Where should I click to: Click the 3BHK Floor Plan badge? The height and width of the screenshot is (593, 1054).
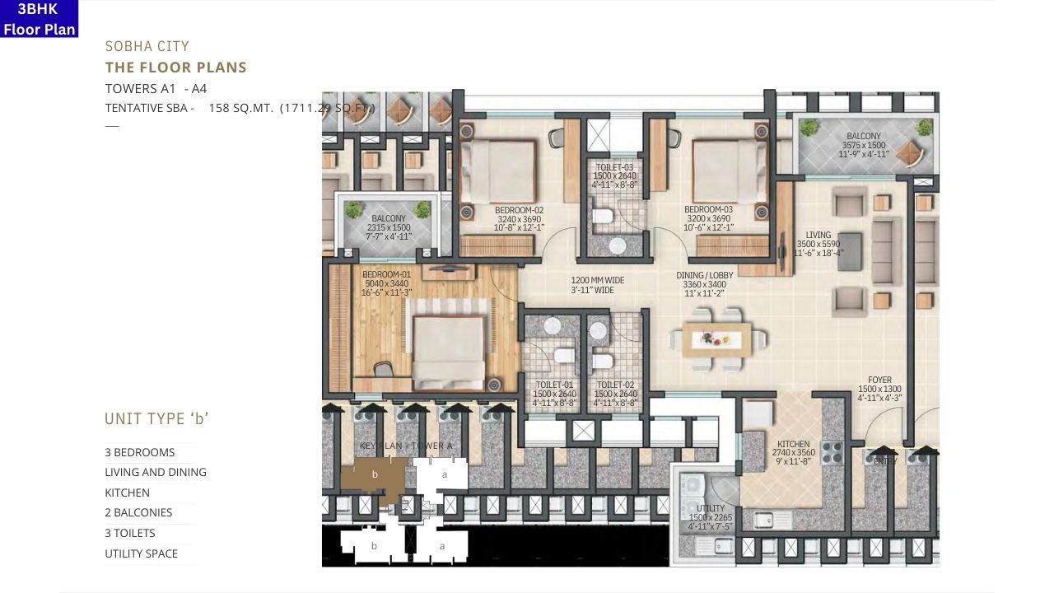(40, 19)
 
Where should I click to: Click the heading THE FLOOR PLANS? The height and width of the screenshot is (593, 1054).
(175, 68)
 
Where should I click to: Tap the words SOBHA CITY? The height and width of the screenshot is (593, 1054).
(147, 46)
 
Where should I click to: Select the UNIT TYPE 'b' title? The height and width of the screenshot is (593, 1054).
(156, 419)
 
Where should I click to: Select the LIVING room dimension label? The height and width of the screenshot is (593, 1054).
(818, 245)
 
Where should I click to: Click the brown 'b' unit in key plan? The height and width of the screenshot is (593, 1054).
(375, 474)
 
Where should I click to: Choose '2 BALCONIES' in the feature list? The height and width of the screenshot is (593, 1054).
(138, 512)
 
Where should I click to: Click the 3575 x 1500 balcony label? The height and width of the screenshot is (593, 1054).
(863, 145)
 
